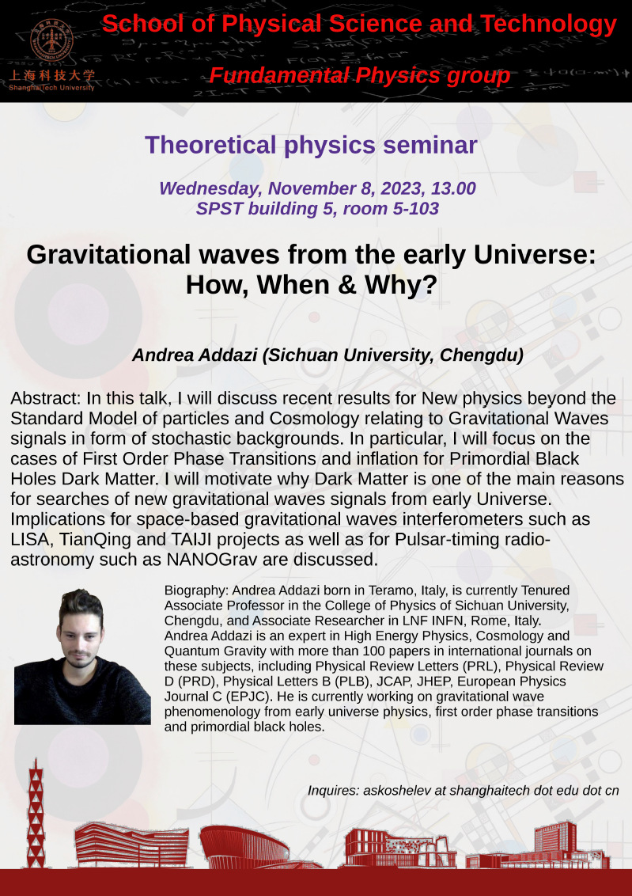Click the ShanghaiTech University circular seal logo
(51, 40)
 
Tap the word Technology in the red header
(548, 24)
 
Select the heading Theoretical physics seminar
(311, 145)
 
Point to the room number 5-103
(415, 209)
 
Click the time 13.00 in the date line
(453, 188)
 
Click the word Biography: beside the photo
(196, 590)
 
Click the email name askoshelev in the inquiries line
(395, 791)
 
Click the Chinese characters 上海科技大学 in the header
(51, 76)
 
